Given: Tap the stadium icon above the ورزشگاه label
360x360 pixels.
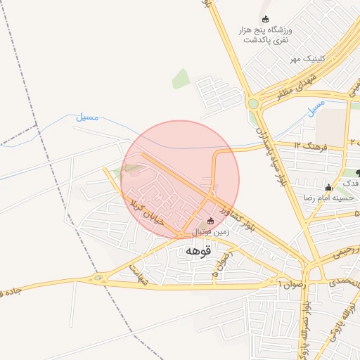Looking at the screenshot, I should point(265,19).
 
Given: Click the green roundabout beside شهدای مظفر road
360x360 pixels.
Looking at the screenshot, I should point(253,103).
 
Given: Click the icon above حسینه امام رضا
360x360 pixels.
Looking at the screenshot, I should point(328,187).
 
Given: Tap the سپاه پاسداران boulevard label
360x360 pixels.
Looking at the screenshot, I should point(270,155).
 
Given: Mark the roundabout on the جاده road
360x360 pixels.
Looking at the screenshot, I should point(98,278).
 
